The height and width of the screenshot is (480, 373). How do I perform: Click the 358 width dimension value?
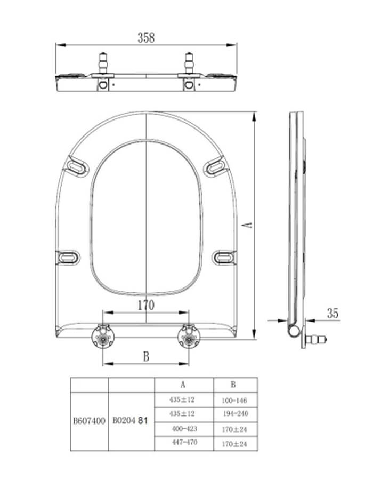tap(146, 37)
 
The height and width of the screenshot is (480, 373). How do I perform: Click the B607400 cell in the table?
tap(89, 420)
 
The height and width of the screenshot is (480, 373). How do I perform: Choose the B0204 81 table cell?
tap(131, 420)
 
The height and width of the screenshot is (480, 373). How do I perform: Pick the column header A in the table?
tap(183, 384)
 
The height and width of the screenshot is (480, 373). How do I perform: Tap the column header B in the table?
tap(233, 384)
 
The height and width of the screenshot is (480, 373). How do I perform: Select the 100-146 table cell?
tap(234, 400)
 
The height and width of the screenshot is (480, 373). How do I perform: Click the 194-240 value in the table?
tap(234, 414)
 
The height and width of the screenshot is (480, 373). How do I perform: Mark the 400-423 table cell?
tap(183, 428)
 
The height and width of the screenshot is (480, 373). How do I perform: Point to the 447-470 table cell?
tap(183, 442)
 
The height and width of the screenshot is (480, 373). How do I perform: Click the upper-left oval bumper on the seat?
tap(75, 167)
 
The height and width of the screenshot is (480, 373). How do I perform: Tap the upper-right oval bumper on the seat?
tap(216, 167)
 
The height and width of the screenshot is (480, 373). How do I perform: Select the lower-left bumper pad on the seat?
tap(68, 258)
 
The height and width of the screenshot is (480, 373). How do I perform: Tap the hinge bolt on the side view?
tap(318, 339)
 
